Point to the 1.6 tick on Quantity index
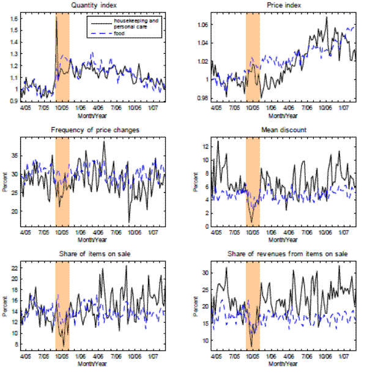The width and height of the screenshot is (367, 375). [13, 19]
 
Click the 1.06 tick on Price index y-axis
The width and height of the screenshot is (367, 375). [202, 24]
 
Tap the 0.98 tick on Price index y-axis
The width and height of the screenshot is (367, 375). [202, 98]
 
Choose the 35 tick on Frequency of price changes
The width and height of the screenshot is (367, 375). [13, 157]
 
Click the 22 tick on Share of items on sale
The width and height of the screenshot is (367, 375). [13, 267]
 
